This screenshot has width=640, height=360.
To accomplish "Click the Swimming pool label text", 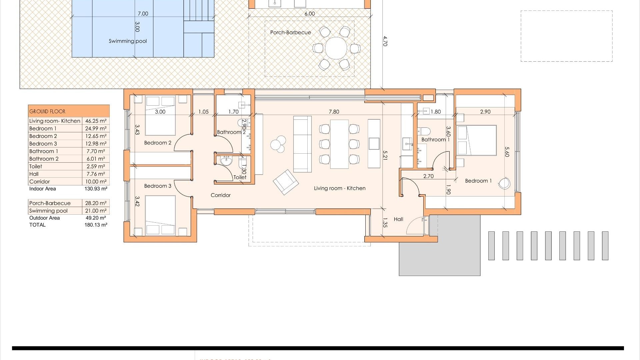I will (x=128, y=41).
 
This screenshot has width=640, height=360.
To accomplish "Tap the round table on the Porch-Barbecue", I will (x=336, y=48).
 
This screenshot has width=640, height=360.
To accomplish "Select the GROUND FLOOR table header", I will (x=47, y=111).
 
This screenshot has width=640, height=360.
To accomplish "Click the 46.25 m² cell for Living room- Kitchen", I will (x=96, y=121).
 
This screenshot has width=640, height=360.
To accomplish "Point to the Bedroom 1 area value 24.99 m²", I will (x=96, y=129).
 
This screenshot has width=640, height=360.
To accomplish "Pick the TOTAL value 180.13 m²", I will (x=96, y=225).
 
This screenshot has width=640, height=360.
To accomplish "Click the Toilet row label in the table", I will (x=36, y=166).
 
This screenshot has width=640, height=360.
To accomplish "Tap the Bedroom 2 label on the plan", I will (x=158, y=143).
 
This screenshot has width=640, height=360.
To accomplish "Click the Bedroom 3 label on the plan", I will (x=158, y=186).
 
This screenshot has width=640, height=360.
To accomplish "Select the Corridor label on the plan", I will (x=220, y=195).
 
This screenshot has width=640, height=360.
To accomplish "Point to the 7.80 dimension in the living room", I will (x=334, y=112).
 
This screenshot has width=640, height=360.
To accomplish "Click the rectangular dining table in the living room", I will (x=339, y=144).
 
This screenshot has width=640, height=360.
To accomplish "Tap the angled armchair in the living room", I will (x=286, y=182).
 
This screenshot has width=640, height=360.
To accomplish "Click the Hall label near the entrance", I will (x=398, y=219).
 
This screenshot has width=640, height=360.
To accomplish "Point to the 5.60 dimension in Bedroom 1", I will (x=507, y=152).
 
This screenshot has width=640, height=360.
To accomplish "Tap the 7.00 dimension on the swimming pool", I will (x=143, y=14).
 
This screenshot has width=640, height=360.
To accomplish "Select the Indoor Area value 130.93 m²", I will (x=96, y=189).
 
